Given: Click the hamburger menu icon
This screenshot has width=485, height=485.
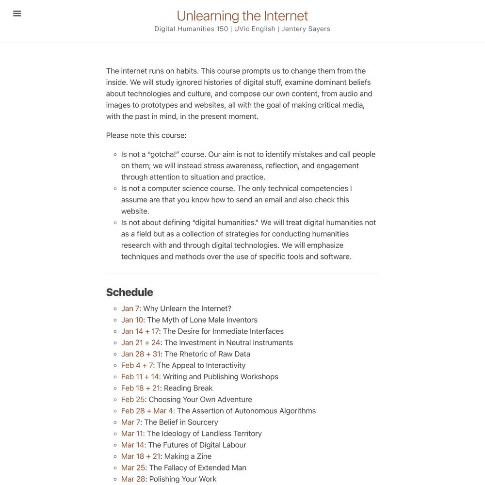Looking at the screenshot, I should [17, 14].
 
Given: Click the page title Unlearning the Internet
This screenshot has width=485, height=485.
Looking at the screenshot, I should [242, 16].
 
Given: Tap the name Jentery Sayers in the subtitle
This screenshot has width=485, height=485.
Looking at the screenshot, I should [306, 29].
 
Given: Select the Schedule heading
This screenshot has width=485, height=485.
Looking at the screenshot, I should [129, 292].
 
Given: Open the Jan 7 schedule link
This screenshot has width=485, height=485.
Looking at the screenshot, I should [130, 308].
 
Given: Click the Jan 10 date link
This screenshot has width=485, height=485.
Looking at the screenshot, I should [132, 320].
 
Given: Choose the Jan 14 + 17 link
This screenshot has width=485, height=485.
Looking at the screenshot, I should [140, 331].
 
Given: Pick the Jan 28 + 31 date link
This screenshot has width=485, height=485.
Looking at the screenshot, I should [141, 354].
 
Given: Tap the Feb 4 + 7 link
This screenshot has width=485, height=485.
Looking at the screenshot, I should [137, 365].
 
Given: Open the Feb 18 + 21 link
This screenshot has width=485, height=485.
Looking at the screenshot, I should [140, 388].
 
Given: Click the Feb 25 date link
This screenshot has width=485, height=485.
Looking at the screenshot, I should [133, 400].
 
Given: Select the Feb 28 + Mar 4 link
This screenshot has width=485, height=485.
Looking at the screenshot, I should [147, 411].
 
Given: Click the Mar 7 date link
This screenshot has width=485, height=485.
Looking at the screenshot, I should [130, 422].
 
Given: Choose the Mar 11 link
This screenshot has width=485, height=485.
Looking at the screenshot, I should [132, 434].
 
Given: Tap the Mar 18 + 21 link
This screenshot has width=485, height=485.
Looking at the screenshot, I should [141, 456].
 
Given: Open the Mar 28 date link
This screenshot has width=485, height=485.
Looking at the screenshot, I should [133, 479].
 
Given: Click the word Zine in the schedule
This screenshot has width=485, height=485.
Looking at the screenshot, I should [204, 456].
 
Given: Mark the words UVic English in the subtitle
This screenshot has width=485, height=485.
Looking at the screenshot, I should [255, 29].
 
